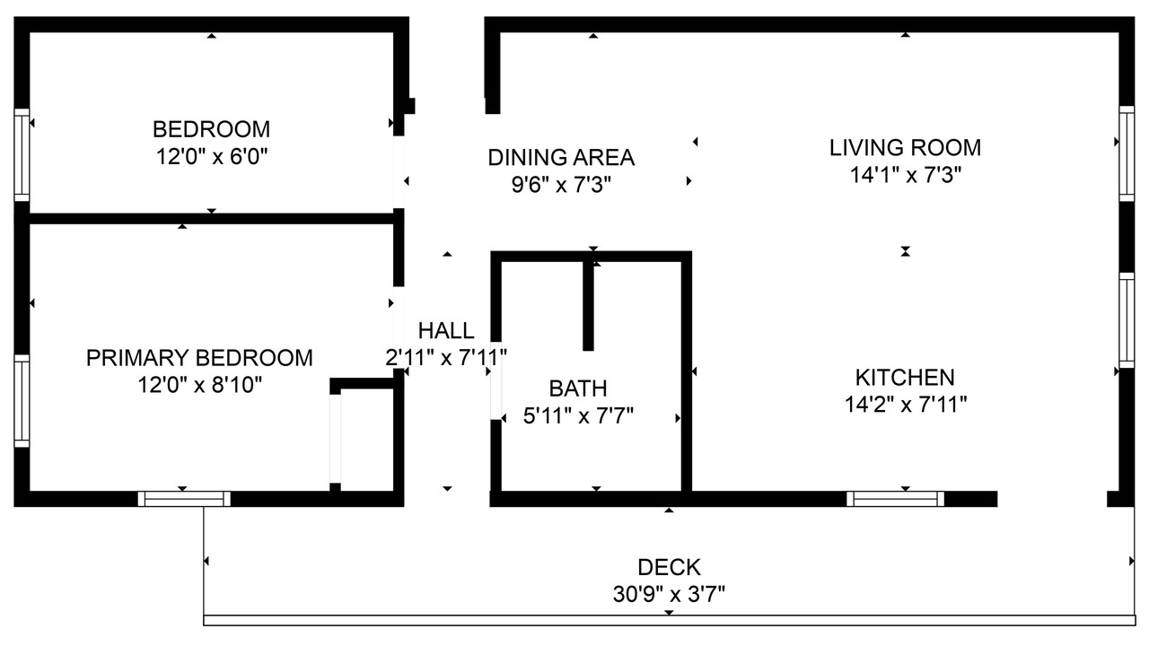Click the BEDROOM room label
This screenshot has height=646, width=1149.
pyautogui.click(x=211, y=129)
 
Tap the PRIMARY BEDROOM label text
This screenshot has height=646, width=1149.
pyautogui.click(x=199, y=358)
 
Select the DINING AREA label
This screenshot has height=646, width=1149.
pyautogui.click(x=561, y=157)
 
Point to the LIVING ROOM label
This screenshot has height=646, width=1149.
pyautogui.click(x=906, y=148)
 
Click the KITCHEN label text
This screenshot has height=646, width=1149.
pyautogui.click(x=906, y=378)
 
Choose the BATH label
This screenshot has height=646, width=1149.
pyautogui.click(x=578, y=388)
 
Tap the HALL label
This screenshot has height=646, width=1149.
pyautogui.click(x=446, y=331)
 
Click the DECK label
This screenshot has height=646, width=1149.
pyautogui.click(x=669, y=568)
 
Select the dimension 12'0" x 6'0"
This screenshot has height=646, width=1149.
pyautogui.click(x=212, y=156)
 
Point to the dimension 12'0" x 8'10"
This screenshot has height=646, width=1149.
pyautogui.click(x=199, y=385)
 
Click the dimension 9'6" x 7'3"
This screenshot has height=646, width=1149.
pyautogui.click(x=561, y=185)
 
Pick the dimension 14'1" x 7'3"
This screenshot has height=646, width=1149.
pyautogui.click(x=906, y=175)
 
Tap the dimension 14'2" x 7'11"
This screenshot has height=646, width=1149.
pyautogui.click(x=906, y=405)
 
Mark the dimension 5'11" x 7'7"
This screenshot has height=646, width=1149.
pyautogui.click(x=578, y=415)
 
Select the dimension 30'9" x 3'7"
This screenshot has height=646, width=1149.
pyautogui.click(x=669, y=595)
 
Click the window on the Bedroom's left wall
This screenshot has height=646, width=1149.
pyautogui.click(x=22, y=155)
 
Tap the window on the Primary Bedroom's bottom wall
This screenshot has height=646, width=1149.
pyautogui.click(x=184, y=499)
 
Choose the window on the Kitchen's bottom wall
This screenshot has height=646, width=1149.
pyautogui.click(x=895, y=499)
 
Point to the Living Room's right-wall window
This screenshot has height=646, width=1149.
pyautogui.click(x=1127, y=153)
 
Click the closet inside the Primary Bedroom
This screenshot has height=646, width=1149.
pyautogui.click(x=366, y=440)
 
